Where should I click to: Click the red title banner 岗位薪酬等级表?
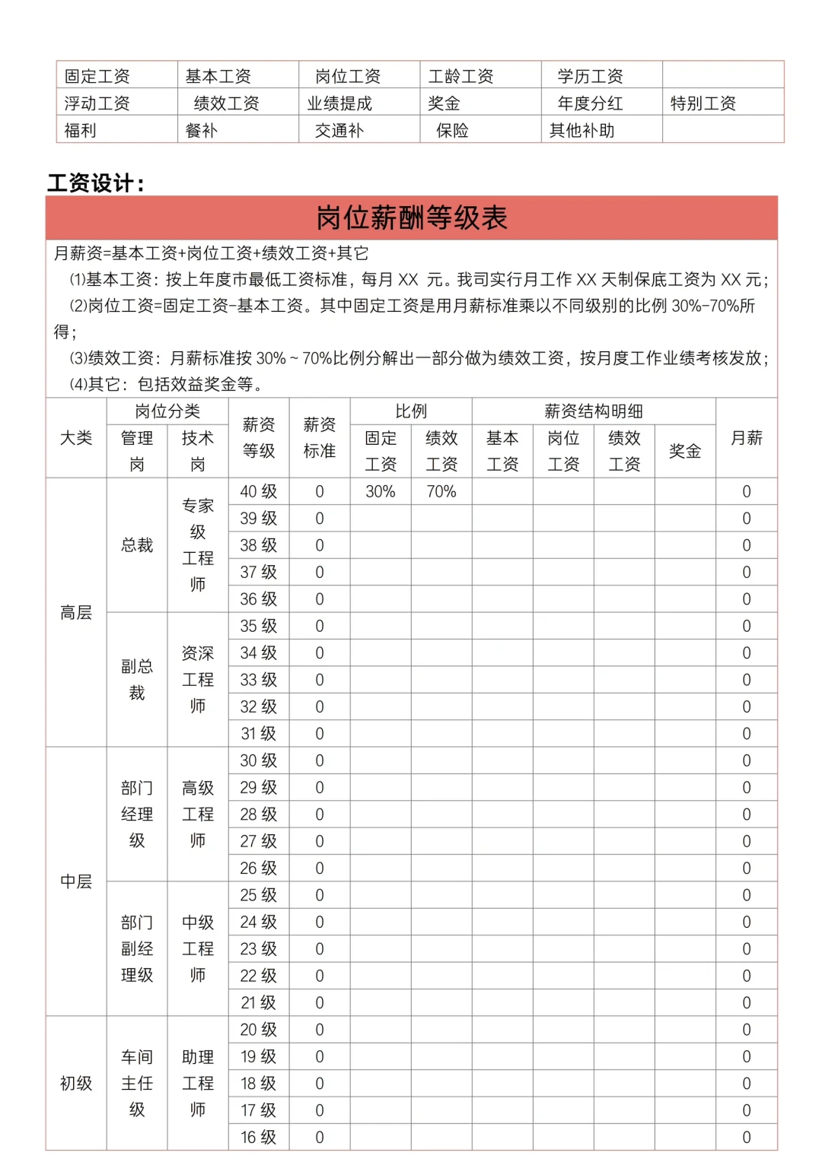(411, 218)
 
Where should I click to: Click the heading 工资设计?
(95, 183)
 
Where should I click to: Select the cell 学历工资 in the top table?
(590, 76)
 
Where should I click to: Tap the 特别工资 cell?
(703, 103)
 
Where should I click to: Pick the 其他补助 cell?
(581, 131)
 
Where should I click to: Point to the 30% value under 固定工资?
(380, 492)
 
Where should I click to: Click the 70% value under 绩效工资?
(441, 492)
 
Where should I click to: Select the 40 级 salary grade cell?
(258, 492)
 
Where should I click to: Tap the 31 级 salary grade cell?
(258, 734)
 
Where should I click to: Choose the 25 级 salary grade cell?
(258, 895)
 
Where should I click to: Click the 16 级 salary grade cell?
(258, 1138)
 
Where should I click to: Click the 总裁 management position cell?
(137, 545)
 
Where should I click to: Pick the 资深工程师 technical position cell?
(198, 680)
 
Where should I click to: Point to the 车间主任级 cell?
(137, 1083)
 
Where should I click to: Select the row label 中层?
(76, 881)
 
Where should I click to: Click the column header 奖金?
(684, 451)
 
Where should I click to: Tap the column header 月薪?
(746, 438)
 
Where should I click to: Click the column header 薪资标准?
(319, 437)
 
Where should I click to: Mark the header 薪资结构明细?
(593, 411)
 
